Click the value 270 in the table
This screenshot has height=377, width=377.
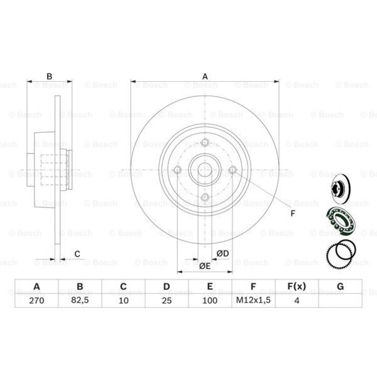(36, 300)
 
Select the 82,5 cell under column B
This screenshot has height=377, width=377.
(80, 300)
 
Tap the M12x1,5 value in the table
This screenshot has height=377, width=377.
(253, 300)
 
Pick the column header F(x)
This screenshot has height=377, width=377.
(296, 286)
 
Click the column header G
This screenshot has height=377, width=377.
(340, 286)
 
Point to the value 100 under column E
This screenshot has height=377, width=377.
(210, 300)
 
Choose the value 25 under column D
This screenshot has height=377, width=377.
(166, 300)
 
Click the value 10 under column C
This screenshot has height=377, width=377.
(123, 300)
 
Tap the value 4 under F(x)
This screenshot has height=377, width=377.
(296, 300)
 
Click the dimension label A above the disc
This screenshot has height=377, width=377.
(205, 77)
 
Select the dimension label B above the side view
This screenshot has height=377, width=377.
(49, 77)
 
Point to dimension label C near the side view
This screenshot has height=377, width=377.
(77, 254)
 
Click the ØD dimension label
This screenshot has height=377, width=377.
(222, 253)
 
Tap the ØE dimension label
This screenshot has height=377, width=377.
(205, 266)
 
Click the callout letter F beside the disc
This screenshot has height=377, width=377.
(293, 213)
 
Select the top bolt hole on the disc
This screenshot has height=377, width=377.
(205, 142)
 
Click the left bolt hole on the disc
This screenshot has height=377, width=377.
(177, 170)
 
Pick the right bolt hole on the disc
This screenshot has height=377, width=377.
(233, 170)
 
